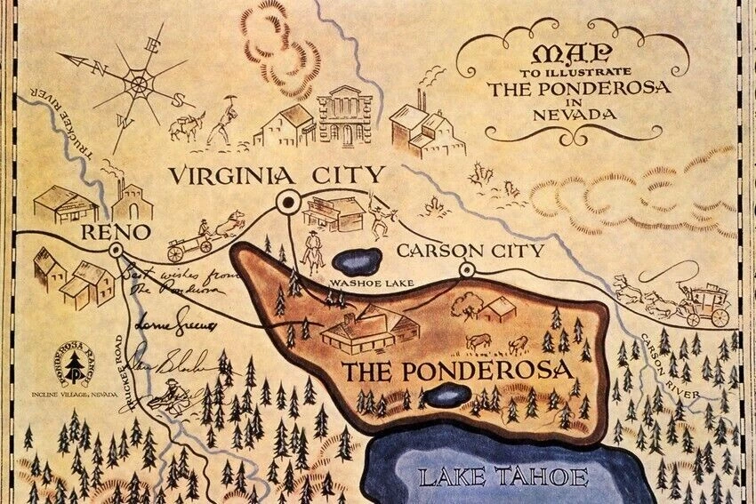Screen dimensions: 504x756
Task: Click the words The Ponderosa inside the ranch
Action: (457, 372)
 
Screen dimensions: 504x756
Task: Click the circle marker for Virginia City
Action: (288, 202)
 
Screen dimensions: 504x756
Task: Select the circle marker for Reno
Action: (116, 252)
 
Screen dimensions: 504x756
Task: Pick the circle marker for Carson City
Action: (466, 269)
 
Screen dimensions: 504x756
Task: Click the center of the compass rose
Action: (139, 85)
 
